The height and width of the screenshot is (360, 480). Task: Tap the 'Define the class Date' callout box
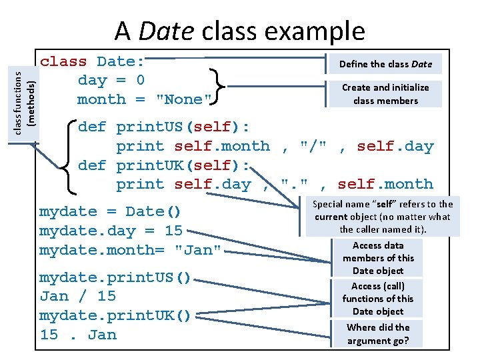[385, 64]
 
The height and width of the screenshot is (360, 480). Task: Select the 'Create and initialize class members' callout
[385, 94]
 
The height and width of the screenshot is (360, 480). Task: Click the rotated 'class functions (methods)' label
[25, 93]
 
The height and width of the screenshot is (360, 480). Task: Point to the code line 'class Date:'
[93, 62]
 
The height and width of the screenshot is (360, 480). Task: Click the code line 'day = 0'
[111, 81]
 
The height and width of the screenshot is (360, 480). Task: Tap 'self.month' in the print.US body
[222, 146]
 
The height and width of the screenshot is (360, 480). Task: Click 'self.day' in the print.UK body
[213, 184]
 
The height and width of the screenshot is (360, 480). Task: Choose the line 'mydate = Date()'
[110, 212]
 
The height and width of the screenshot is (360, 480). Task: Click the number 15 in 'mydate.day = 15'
[173, 231]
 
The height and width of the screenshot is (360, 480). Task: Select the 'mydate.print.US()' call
[115, 277]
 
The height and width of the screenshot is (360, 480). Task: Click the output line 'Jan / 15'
[77, 296]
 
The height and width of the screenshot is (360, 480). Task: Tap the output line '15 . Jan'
[77, 335]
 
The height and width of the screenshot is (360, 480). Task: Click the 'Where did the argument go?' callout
[378, 334]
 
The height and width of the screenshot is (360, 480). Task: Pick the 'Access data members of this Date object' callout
[378, 258]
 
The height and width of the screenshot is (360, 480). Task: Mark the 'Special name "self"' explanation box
[383, 217]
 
